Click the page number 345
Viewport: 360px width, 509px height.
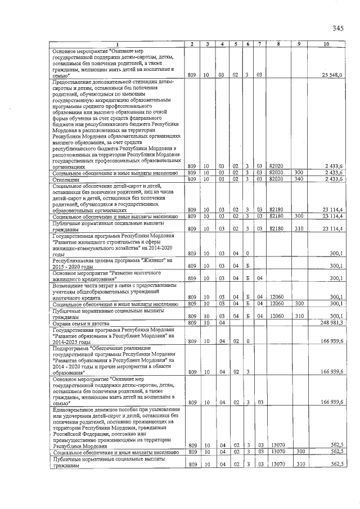click(337, 28)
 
